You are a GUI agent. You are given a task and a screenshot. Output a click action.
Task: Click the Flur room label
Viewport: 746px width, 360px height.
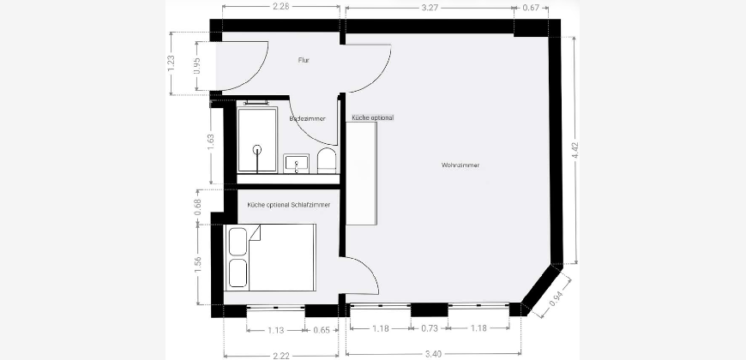coord(304,60)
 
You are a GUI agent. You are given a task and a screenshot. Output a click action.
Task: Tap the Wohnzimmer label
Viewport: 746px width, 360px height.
coord(460,165)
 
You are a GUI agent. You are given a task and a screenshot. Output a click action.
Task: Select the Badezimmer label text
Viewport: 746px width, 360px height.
coord(307,119)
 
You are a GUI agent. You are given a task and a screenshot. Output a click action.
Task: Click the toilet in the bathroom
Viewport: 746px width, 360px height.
coord(327,160)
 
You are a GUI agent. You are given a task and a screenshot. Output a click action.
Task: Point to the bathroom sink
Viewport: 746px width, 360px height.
coord(297,164)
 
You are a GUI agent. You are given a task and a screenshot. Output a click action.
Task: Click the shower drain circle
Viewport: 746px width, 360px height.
coord(257,149)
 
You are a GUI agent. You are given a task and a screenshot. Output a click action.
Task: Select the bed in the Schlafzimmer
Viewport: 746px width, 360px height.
coord(270,257)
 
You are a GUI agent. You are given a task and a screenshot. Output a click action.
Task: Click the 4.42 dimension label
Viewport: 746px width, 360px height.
coord(576,150)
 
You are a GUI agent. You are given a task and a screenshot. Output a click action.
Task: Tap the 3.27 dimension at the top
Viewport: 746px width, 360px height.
coord(429,8)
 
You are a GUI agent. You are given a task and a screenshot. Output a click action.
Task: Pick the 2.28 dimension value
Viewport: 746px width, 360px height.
coord(280,7)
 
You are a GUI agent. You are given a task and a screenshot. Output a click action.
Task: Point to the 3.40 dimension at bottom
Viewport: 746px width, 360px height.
coord(433,354)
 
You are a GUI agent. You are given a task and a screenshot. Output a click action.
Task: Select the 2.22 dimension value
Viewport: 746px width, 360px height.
coord(281,356)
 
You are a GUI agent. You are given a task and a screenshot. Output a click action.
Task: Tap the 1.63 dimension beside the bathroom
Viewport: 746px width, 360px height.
coord(211,142)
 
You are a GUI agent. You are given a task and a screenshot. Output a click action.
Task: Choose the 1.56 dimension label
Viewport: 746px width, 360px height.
coord(198,266)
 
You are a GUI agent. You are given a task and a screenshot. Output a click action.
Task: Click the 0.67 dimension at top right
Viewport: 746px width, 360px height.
coord(531,8)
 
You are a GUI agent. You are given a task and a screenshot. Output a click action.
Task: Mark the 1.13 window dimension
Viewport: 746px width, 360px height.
coord(276,330)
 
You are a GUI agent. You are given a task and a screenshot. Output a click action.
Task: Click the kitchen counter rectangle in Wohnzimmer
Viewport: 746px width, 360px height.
coord(361,173)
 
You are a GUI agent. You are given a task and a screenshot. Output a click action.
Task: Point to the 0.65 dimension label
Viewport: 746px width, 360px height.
coord(322,330)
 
